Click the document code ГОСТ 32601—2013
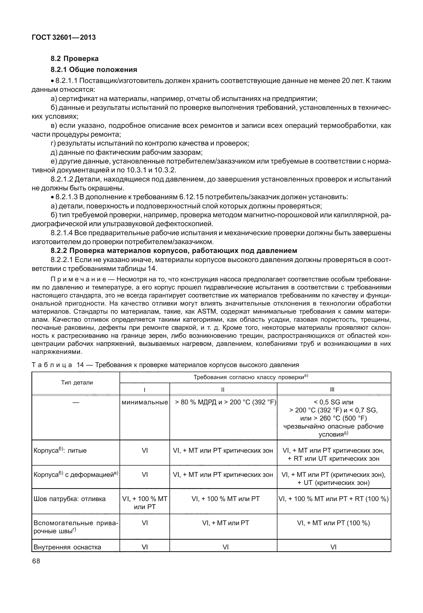click(63, 38)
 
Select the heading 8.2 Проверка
click(75, 59)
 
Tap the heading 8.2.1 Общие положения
click(94, 70)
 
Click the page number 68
click(36, 561)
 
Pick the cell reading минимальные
click(144, 402)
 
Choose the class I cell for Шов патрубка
click(144, 503)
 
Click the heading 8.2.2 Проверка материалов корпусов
click(174, 251)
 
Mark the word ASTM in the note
click(205, 312)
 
